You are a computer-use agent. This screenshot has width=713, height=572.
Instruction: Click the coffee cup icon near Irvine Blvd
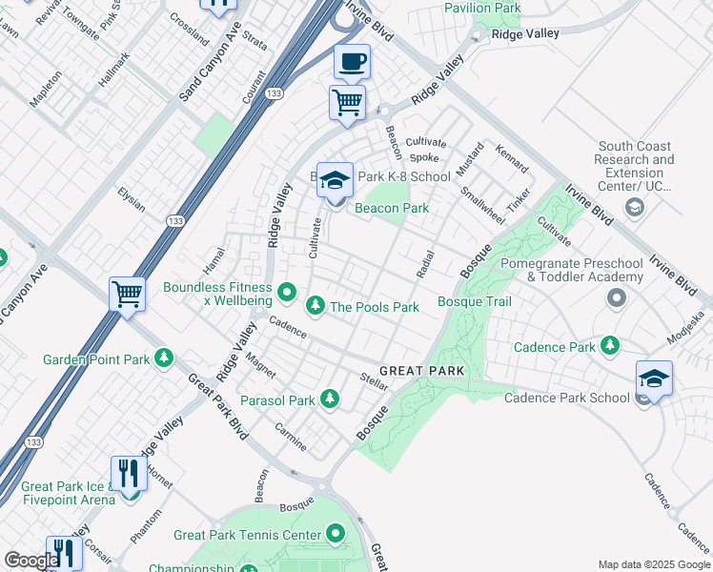coord(352,62)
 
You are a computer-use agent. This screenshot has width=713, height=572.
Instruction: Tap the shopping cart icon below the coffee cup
coord(347,101)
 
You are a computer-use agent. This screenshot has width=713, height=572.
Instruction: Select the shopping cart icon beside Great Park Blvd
coord(127,294)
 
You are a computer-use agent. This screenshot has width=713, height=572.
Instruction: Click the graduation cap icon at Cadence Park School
coord(654,378)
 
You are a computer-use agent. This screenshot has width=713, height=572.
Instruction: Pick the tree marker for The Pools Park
coord(315,306)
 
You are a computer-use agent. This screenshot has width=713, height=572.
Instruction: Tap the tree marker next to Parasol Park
coord(330,398)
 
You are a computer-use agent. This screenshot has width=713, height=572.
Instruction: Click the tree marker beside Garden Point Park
coord(165,358)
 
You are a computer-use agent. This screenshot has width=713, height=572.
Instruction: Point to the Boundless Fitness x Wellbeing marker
coord(288,290)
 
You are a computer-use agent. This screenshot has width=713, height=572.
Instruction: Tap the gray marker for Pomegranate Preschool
coord(616,299)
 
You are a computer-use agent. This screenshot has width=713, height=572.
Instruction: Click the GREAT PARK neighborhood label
coord(421,370)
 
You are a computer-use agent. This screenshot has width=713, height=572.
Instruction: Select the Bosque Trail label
coord(474,302)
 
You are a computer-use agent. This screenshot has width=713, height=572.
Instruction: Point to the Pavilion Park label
coord(482,8)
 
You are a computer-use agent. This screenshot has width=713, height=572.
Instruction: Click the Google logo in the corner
coord(31,561)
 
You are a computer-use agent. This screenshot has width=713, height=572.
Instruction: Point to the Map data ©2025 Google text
coord(653,564)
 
